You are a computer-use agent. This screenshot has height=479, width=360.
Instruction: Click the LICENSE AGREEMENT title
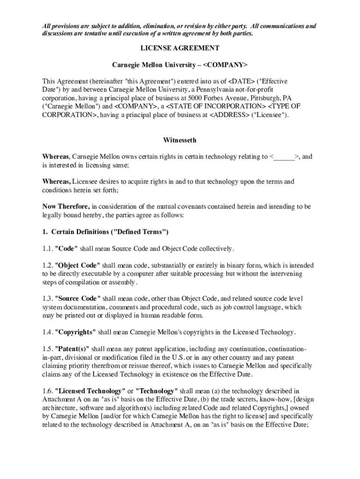point(180,48)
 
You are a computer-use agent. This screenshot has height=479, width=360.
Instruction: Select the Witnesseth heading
point(180,140)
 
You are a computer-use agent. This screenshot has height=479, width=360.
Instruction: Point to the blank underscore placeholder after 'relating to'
point(285,157)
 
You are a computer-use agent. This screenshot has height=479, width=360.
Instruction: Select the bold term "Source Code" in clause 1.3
point(78,298)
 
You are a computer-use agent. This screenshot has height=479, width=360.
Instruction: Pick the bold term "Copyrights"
point(75,332)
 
